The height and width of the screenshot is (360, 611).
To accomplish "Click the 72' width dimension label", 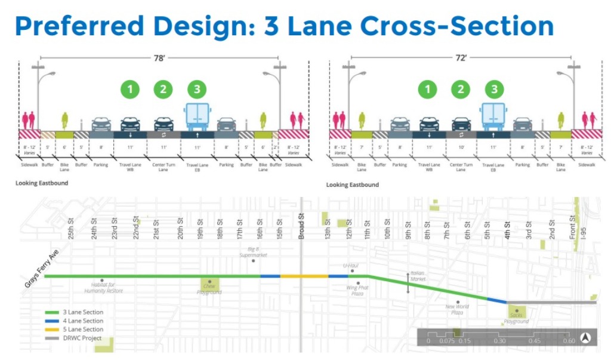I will click(461, 58).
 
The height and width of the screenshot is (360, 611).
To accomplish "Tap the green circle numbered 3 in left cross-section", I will click(196, 90).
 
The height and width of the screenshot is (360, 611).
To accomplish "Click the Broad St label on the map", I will click(303, 226).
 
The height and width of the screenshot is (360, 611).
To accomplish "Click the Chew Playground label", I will click(210, 289).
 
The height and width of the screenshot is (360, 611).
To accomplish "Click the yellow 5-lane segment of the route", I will click(304, 276).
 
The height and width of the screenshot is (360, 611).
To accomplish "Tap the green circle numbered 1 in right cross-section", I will click(427, 90).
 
